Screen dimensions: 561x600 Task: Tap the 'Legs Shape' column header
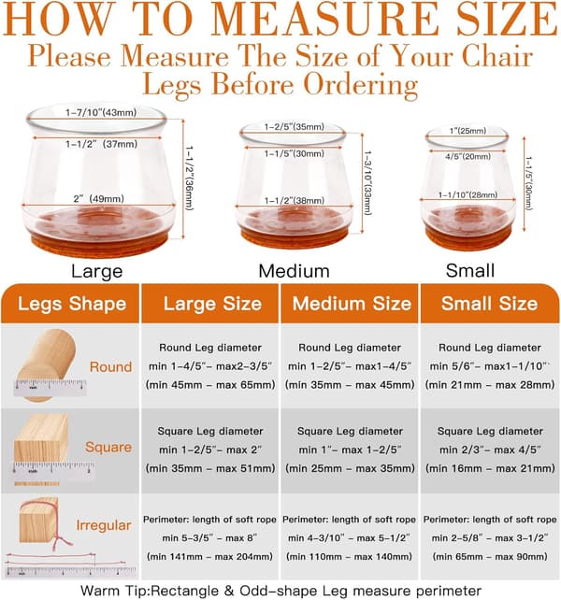72,304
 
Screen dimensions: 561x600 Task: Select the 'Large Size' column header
212,304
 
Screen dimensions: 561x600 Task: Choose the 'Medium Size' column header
352,304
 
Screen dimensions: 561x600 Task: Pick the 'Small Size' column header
489,304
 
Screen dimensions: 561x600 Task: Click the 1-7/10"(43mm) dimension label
101,112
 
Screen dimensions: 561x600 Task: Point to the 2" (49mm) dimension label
99,199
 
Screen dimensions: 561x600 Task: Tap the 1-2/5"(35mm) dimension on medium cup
295,127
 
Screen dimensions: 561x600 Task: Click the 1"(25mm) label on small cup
467,131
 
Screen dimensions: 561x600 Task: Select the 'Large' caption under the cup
97,271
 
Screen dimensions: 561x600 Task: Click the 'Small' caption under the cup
470,270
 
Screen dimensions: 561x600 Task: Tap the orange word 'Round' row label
110,366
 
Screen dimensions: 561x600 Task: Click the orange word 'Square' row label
108,447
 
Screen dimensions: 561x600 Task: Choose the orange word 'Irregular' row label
104,525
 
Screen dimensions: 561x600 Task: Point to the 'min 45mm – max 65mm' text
210,384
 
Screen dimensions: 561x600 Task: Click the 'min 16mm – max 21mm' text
490,468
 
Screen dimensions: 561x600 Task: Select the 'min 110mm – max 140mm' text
349,556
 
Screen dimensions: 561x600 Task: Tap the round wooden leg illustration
47,365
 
